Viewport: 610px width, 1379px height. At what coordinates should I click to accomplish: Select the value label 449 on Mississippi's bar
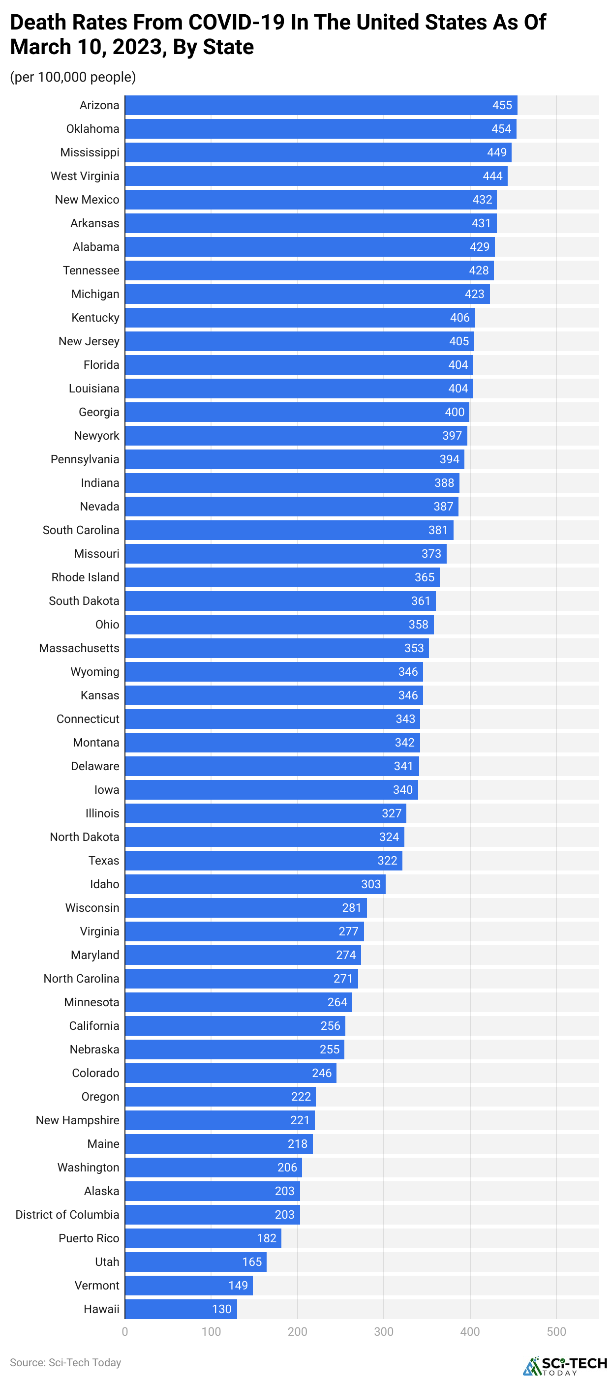pos(496,152)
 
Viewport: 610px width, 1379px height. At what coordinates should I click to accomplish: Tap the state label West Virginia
pos(85,176)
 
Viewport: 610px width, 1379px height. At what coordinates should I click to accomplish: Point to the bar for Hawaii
pos(181,1308)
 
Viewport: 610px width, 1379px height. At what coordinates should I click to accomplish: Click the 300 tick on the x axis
pos(383,1331)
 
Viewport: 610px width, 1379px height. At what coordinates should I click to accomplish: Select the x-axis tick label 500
pos(556,1331)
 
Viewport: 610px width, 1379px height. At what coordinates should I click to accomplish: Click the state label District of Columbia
pos(67,1214)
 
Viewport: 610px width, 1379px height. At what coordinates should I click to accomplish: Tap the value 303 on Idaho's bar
pos(370,884)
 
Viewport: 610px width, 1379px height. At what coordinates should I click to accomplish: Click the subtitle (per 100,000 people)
pos(73,77)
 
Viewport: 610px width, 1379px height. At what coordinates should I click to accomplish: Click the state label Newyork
pos(96,435)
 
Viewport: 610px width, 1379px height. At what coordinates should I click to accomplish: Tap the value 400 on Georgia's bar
pos(454,412)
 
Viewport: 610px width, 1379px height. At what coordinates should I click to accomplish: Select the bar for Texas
pos(263,860)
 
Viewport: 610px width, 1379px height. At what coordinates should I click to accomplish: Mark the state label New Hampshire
pos(77,1120)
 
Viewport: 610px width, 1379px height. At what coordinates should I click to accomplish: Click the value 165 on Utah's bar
pos(252,1261)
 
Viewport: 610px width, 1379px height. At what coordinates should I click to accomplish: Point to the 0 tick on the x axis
pos(125,1331)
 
